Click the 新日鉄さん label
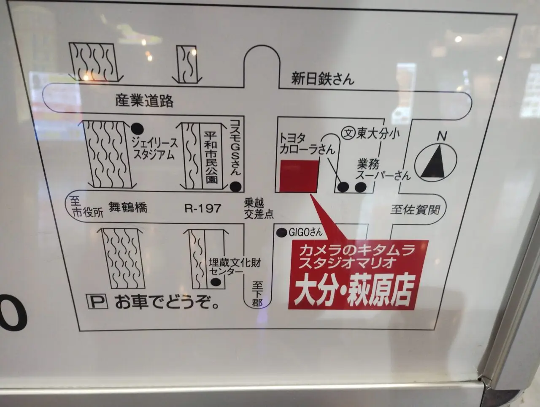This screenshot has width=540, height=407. pos(322,79)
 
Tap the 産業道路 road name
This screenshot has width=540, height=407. pos(145,100)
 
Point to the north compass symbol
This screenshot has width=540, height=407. pos(435,160)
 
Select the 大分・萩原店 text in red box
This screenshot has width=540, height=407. pos(353,291)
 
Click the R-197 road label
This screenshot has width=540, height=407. pos(203,208)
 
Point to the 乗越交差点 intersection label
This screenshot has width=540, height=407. pos(258,209)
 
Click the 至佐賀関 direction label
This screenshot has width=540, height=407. pos(416,209)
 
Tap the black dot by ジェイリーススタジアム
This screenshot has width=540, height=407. pos(137,127)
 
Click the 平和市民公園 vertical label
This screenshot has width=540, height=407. pos(211,156)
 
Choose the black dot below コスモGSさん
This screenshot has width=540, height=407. pos(237,186)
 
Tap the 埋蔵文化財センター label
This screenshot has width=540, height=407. pos(235,267)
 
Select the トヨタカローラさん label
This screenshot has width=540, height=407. pos(307,144)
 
